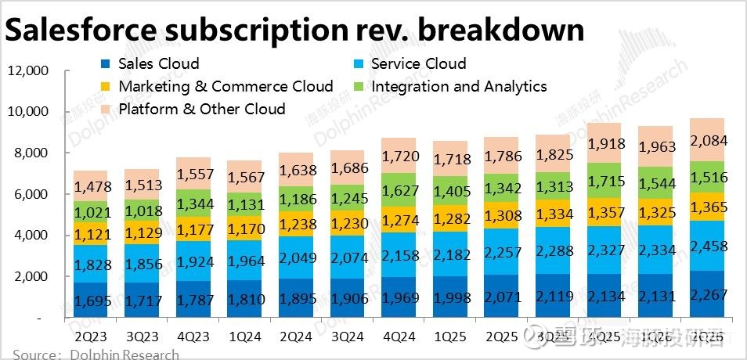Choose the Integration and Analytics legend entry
(x=459, y=87)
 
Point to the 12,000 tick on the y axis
(x=28, y=71)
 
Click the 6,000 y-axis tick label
(x=32, y=194)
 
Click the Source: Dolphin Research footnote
(x=90, y=355)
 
